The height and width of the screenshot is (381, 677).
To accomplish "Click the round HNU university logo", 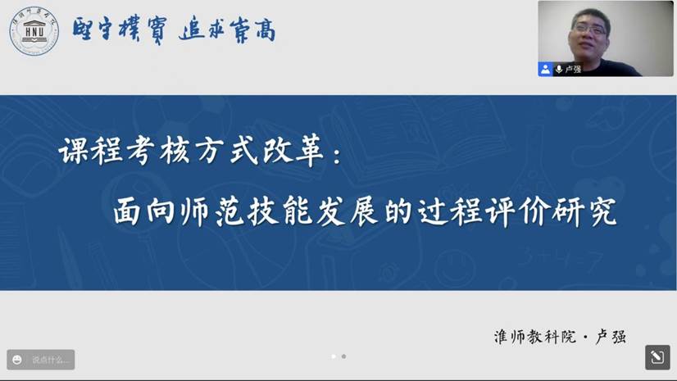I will click(x=34, y=30).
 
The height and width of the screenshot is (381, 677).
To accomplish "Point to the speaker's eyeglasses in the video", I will click(x=590, y=29).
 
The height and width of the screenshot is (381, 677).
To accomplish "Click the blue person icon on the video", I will click(x=545, y=69).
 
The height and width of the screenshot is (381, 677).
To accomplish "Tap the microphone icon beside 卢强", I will click(x=559, y=69).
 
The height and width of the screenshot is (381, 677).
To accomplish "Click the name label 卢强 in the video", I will click(x=573, y=70).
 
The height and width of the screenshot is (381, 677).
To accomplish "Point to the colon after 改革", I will click(x=336, y=156).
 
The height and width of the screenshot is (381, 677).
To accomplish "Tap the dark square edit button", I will click(x=657, y=357).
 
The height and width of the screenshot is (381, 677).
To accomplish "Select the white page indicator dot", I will click(x=333, y=356).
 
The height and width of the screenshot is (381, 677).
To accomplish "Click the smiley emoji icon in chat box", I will click(x=17, y=360).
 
